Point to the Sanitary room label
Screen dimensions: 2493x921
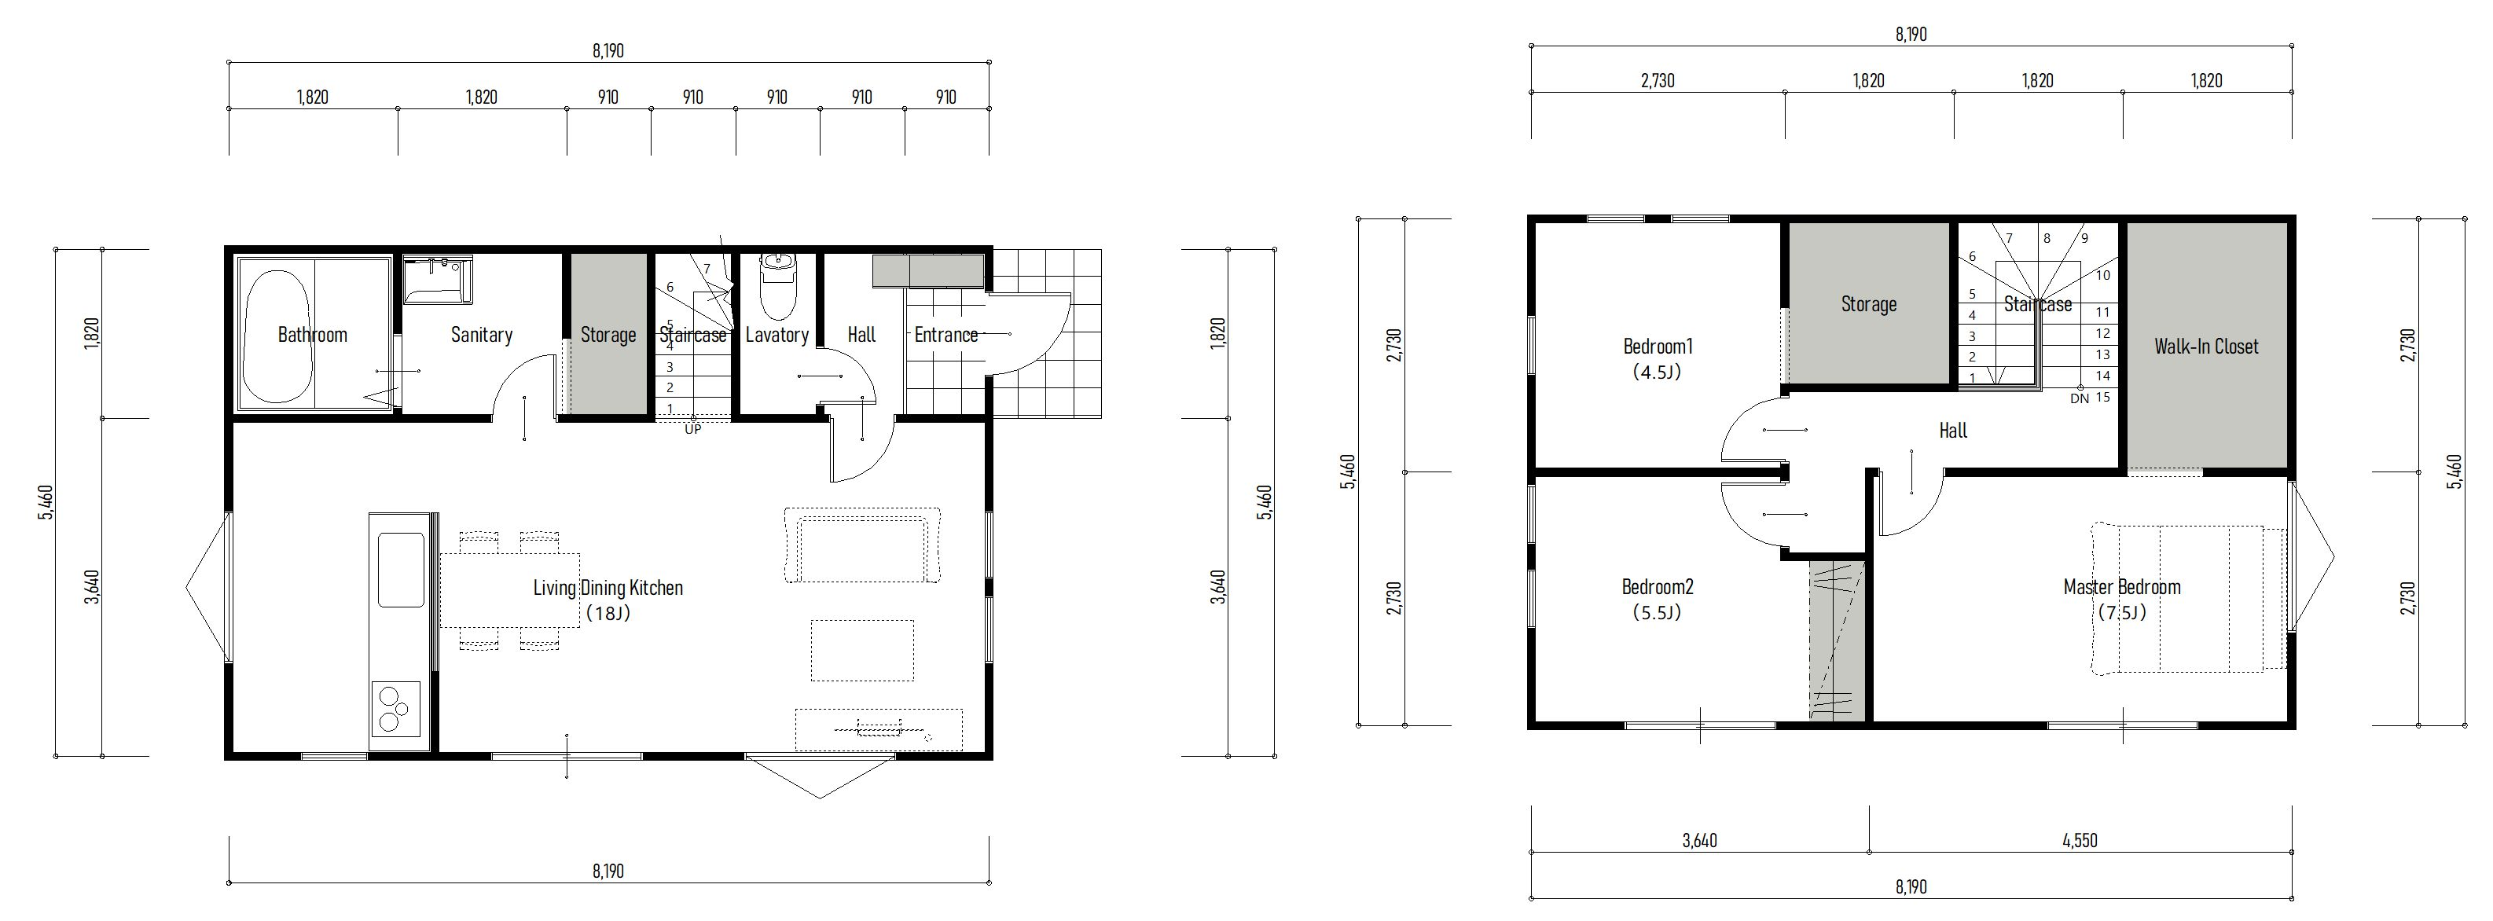[x=481, y=335]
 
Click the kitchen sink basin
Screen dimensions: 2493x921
[x=401, y=570]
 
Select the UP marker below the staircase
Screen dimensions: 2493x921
[x=693, y=430]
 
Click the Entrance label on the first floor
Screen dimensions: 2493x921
[x=945, y=335]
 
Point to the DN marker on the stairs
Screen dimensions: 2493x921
[x=2079, y=398]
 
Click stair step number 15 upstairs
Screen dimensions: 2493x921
[x=2102, y=397]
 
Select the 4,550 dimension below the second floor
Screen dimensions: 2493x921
[x=2080, y=841]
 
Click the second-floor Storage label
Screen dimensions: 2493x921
[x=1868, y=304]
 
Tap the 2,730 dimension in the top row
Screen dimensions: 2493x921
[x=1658, y=80]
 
